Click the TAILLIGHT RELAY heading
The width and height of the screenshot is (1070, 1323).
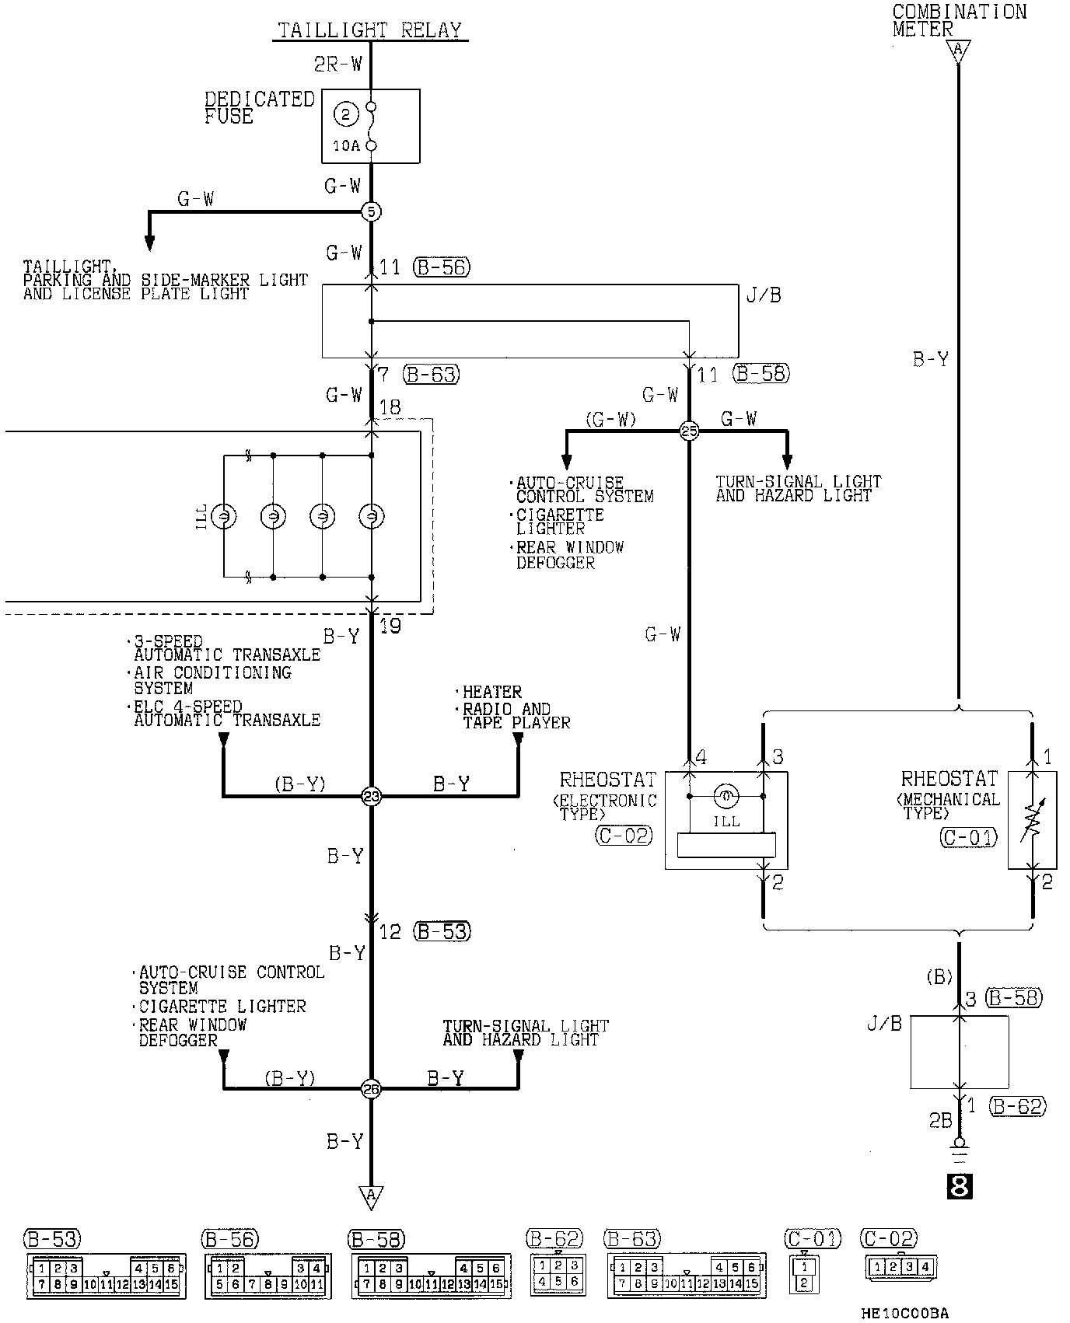pyautogui.click(x=370, y=30)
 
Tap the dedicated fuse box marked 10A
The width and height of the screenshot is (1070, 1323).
pyautogui.click(x=371, y=126)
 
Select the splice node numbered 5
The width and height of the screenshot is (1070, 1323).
pyautogui.click(x=371, y=211)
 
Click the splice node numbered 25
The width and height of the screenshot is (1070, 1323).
pyautogui.click(x=689, y=431)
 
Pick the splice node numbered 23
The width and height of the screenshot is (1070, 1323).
pyautogui.click(x=371, y=796)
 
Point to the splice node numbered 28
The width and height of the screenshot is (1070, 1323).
pyautogui.click(x=371, y=1089)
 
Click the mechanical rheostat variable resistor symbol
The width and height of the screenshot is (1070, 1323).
pyautogui.click(x=1032, y=820)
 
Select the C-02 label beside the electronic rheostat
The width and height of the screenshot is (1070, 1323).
pyautogui.click(x=624, y=836)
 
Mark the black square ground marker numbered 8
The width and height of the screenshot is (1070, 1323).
pyautogui.click(x=960, y=1187)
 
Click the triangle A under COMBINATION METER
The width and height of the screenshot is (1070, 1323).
pyautogui.click(x=958, y=52)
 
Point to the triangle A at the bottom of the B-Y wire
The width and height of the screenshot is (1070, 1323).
pyautogui.click(x=371, y=1196)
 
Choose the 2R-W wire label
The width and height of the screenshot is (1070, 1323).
pyautogui.click(x=338, y=64)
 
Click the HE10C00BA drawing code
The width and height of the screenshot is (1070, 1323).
pyautogui.click(x=905, y=1313)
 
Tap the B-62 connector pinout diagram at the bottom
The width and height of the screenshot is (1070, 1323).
pyautogui.click(x=557, y=1276)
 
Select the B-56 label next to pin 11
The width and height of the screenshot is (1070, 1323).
pyautogui.click(x=442, y=267)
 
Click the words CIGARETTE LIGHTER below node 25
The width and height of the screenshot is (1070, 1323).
pyautogui.click(x=560, y=522)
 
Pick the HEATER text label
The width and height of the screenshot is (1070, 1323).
pyautogui.click(x=491, y=692)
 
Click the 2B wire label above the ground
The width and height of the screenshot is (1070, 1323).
pyautogui.click(x=940, y=1120)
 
